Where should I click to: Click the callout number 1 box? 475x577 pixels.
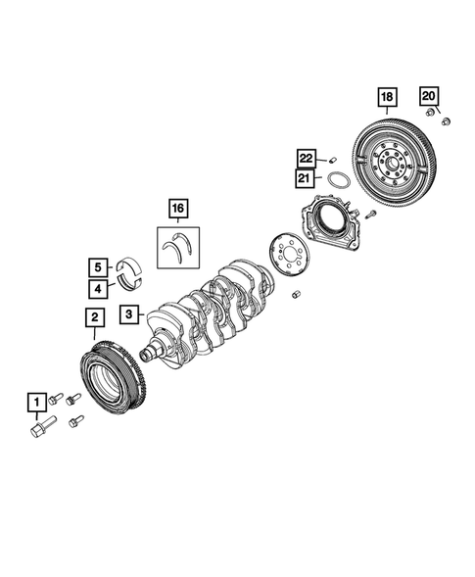(35, 402)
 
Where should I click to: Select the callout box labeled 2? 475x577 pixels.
(94, 316)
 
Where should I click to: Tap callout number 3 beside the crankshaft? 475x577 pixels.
(128, 314)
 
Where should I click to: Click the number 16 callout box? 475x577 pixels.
(177, 208)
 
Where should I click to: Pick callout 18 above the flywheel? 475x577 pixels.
(388, 96)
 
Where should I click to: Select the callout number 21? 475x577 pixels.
(306, 178)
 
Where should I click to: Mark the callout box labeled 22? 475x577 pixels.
(306, 158)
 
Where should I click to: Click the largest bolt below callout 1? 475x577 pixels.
(41, 430)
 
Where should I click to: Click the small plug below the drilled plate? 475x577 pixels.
(296, 294)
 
